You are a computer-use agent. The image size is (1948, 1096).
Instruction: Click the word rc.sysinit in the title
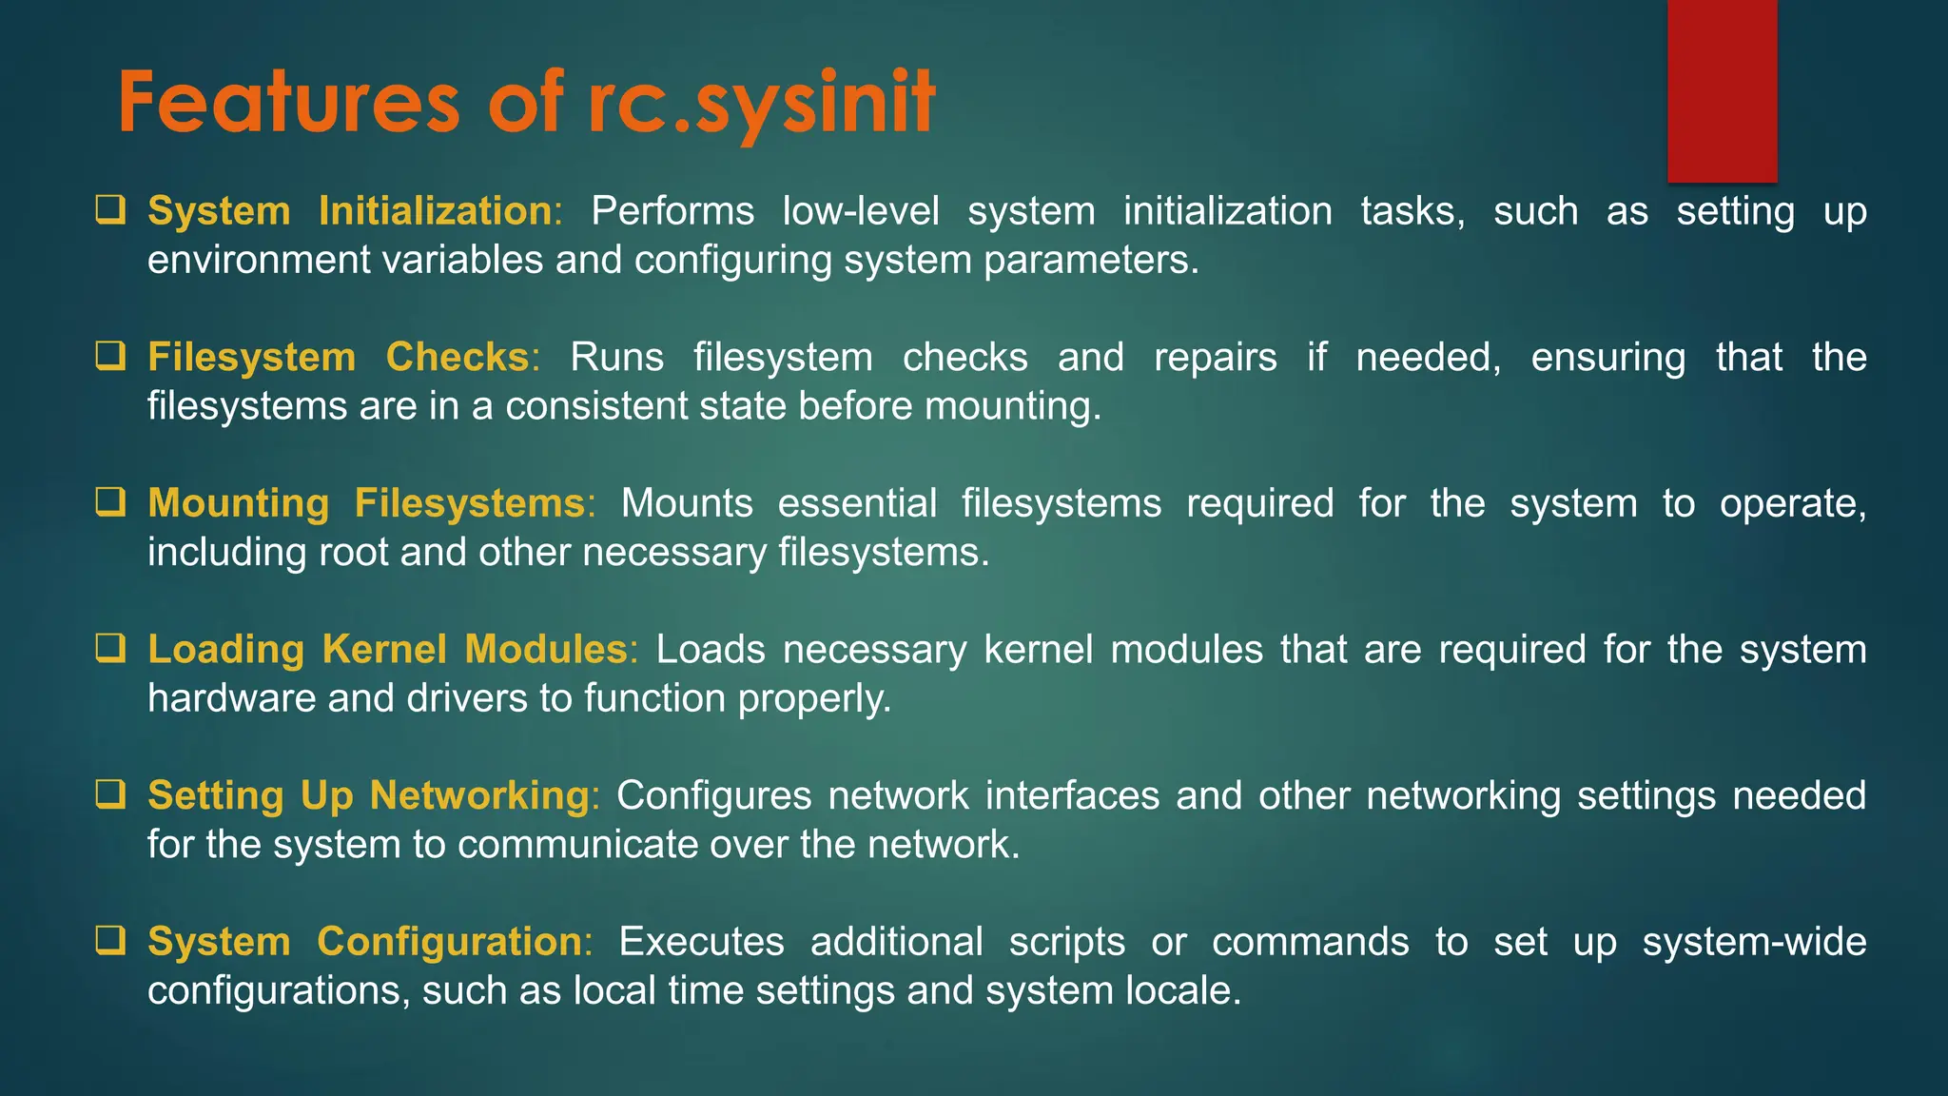pos(761,103)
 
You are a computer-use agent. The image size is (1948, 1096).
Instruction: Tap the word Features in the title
pos(289,103)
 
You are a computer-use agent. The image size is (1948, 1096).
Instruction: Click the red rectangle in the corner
pos(1722,90)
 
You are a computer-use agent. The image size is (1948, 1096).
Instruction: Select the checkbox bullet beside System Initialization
pos(110,209)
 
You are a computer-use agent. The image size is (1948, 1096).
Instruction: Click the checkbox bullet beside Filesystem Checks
pos(110,356)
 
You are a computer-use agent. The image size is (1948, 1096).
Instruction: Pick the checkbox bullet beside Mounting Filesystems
pos(110,501)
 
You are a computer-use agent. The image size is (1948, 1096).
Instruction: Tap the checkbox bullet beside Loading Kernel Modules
pos(110,648)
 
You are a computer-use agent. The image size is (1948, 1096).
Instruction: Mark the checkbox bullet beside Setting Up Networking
pos(110,793)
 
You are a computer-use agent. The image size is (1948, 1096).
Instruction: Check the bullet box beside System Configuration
pos(110,940)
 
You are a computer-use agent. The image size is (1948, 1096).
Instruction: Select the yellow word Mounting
pos(238,503)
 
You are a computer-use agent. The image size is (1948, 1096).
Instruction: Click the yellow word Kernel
pos(384,649)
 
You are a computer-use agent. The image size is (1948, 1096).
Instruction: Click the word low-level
pos(860,210)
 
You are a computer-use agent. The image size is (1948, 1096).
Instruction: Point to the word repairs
pos(1215,357)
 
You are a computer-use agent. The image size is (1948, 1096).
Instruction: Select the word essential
pos(857,502)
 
